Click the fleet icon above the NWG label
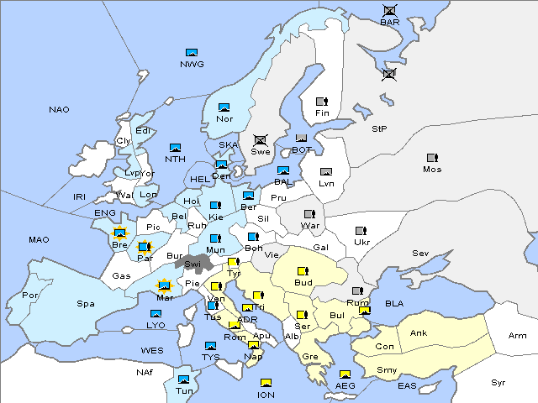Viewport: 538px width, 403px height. (x=192, y=53)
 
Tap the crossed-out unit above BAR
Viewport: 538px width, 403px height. (x=390, y=10)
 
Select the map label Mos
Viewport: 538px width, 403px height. (x=432, y=169)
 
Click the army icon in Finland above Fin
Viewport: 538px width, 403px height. (x=321, y=102)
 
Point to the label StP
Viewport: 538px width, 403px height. (x=379, y=129)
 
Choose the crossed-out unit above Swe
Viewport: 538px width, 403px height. (x=261, y=140)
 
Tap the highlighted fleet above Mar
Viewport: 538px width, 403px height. (x=165, y=285)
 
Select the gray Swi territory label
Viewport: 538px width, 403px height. (x=193, y=264)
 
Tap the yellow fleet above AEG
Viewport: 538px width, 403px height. (x=345, y=374)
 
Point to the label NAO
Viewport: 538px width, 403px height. (x=59, y=110)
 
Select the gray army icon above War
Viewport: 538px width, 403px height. (x=309, y=213)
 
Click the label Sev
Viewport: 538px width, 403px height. (x=420, y=254)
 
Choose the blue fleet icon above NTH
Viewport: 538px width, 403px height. (x=175, y=148)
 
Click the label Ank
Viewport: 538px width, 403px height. (x=418, y=333)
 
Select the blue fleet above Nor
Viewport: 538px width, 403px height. (x=224, y=107)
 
